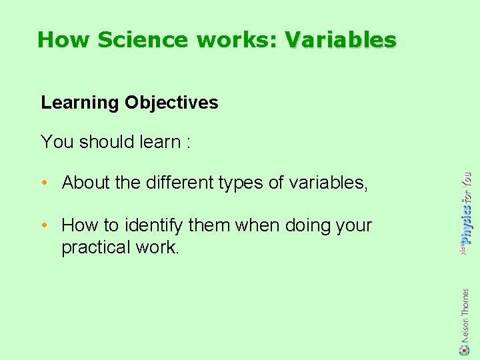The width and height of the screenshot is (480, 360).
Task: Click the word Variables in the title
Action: click(x=341, y=40)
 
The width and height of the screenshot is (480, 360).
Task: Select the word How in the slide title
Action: click(x=64, y=40)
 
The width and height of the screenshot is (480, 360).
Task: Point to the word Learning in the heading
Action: click(x=79, y=103)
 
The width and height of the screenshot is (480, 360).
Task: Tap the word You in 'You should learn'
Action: click(x=57, y=142)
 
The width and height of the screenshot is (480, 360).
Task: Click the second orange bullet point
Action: click(x=45, y=226)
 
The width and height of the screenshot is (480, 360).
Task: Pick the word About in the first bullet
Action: click(x=86, y=183)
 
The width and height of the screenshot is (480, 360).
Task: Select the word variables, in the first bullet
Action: click(x=329, y=183)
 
